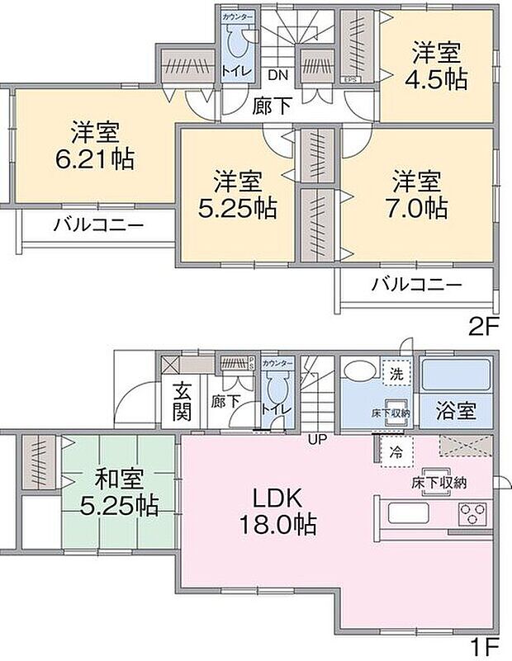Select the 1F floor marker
(x=485, y=644)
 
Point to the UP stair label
(x=317, y=439)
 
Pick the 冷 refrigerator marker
(x=395, y=451)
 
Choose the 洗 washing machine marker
(x=397, y=372)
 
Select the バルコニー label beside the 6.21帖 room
(x=99, y=224)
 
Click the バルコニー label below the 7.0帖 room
(x=415, y=286)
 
